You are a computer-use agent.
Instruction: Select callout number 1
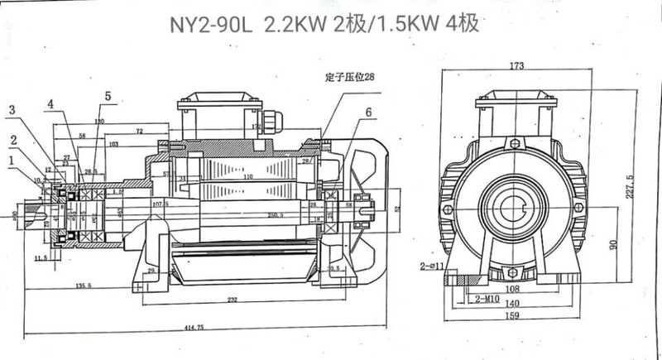pyautogui.click(x=10, y=159)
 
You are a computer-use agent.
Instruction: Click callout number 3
pyautogui.click(x=12, y=110)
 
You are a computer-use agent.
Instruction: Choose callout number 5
pyautogui.click(x=107, y=96)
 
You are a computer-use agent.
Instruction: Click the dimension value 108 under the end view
pyautogui.click(x=514, y=290)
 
